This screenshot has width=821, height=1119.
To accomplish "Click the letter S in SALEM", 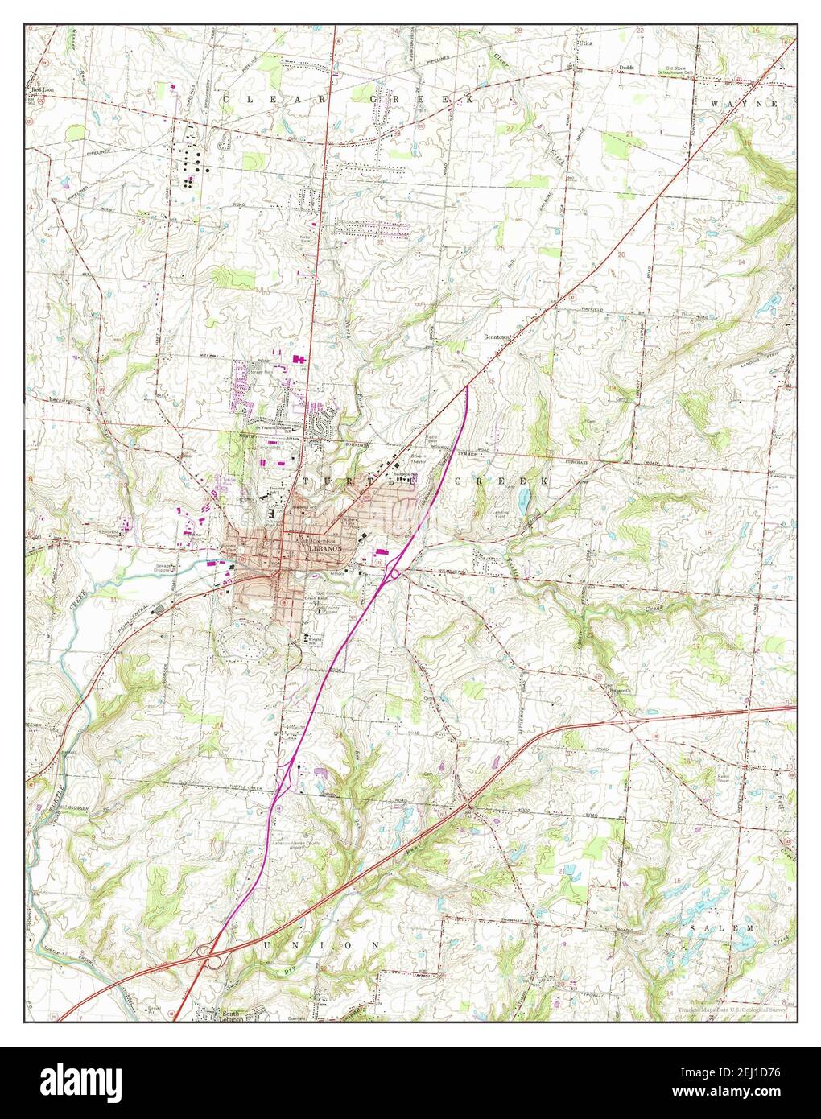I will pyautogui.click(x=692, y=928).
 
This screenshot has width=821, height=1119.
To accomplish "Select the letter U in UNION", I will pyautogui.click(x=269, y=944).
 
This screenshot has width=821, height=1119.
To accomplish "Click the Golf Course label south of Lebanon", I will pyautogui.click(x=321, y=595).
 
